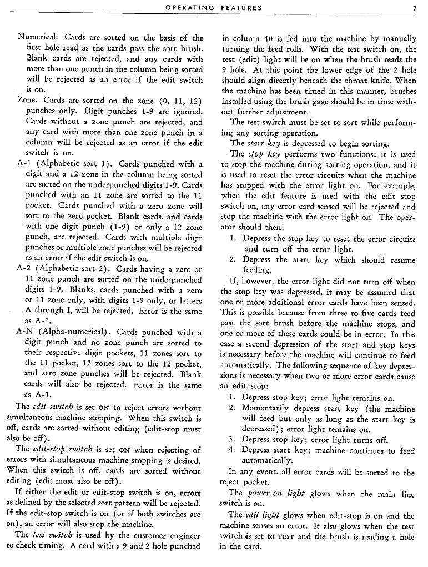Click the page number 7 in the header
414,8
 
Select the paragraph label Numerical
39,38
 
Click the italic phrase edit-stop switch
59,449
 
